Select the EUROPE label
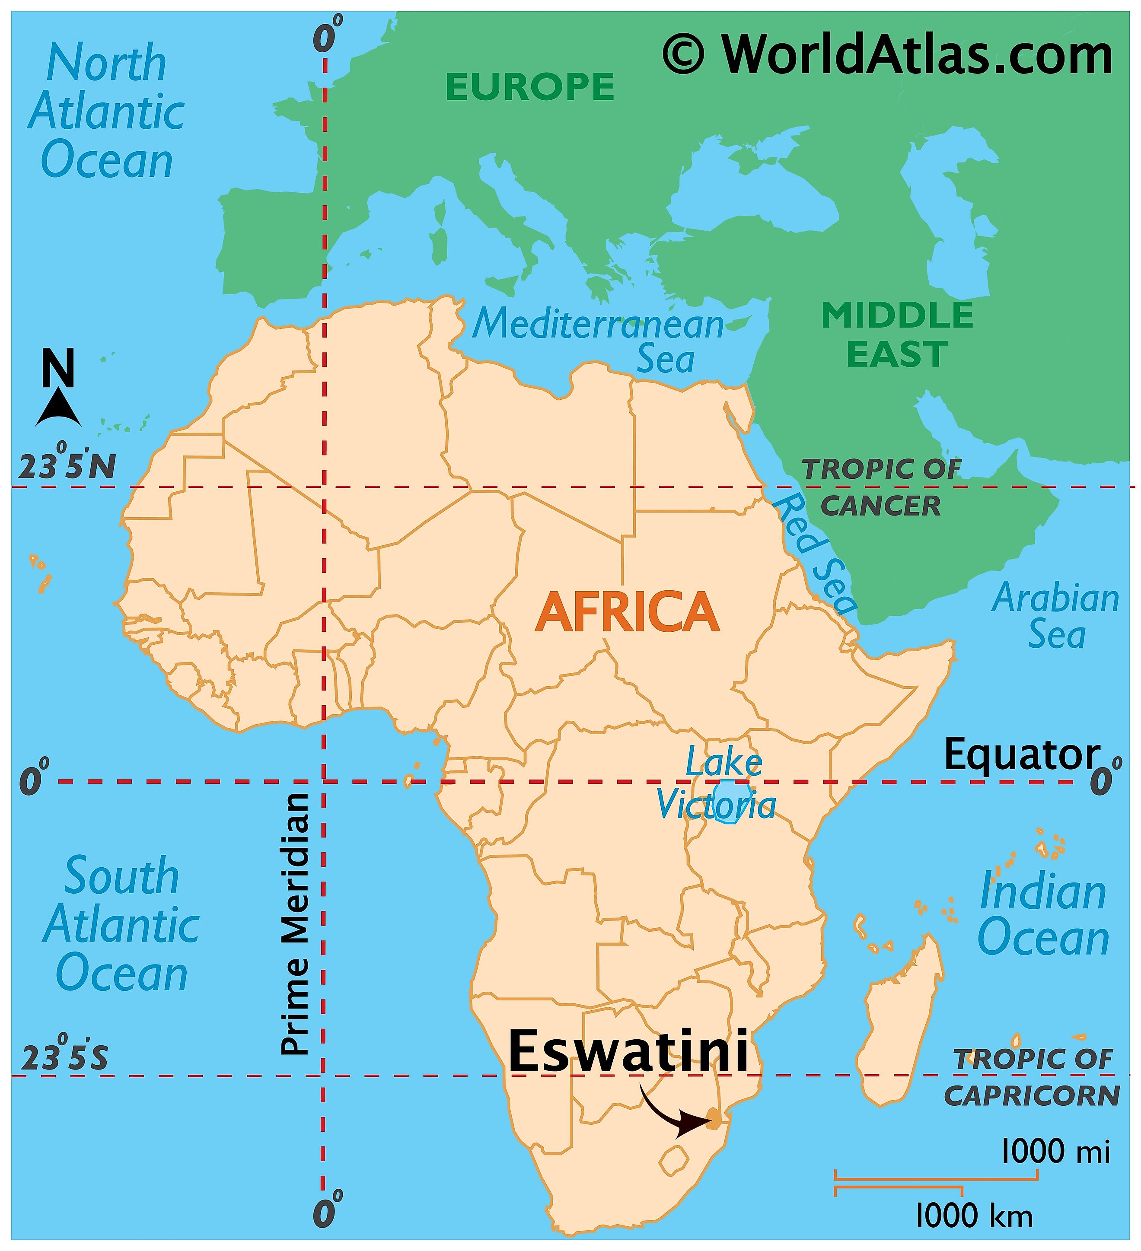coord(529,86)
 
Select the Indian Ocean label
coord(1043,915)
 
